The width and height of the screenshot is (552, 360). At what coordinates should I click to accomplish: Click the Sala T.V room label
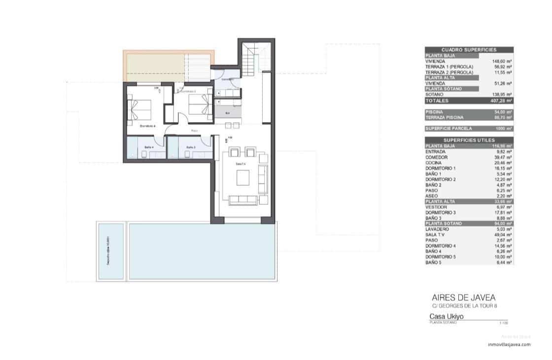[241, 164]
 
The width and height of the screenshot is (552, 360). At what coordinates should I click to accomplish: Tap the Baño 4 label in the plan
[149, 147]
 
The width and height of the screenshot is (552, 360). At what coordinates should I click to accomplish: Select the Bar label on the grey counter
[227, 113]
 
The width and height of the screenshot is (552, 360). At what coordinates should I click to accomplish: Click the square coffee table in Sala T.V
[243, 177]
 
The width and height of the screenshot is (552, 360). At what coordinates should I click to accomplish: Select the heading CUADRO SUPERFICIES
[469, 50]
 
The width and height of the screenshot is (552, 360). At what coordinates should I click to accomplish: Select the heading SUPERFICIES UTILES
[469, 140]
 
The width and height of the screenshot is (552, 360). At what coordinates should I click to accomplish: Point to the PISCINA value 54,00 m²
[503, 112]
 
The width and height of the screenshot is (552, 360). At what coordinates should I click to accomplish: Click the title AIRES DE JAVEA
[463, 297]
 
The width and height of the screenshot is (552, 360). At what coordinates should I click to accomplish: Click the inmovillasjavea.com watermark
[509, 345]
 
